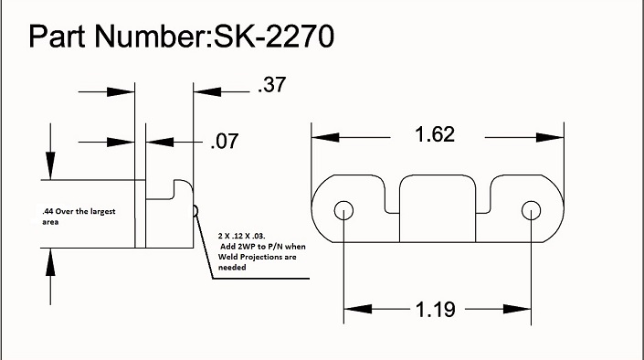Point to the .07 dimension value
(x=225, y=142)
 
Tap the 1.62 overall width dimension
(x=435, y=135)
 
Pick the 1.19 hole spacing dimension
(x=435, y=309)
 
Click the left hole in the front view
(x=343, y=210)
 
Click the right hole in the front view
(x=530, y=210)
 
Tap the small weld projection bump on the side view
(x=195, y=211)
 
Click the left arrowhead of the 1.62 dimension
(x=320, y=137)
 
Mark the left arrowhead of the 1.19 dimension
(x=351, y=310)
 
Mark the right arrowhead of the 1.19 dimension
(x=523, y=310)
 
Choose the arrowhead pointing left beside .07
(x=154, y=142)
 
